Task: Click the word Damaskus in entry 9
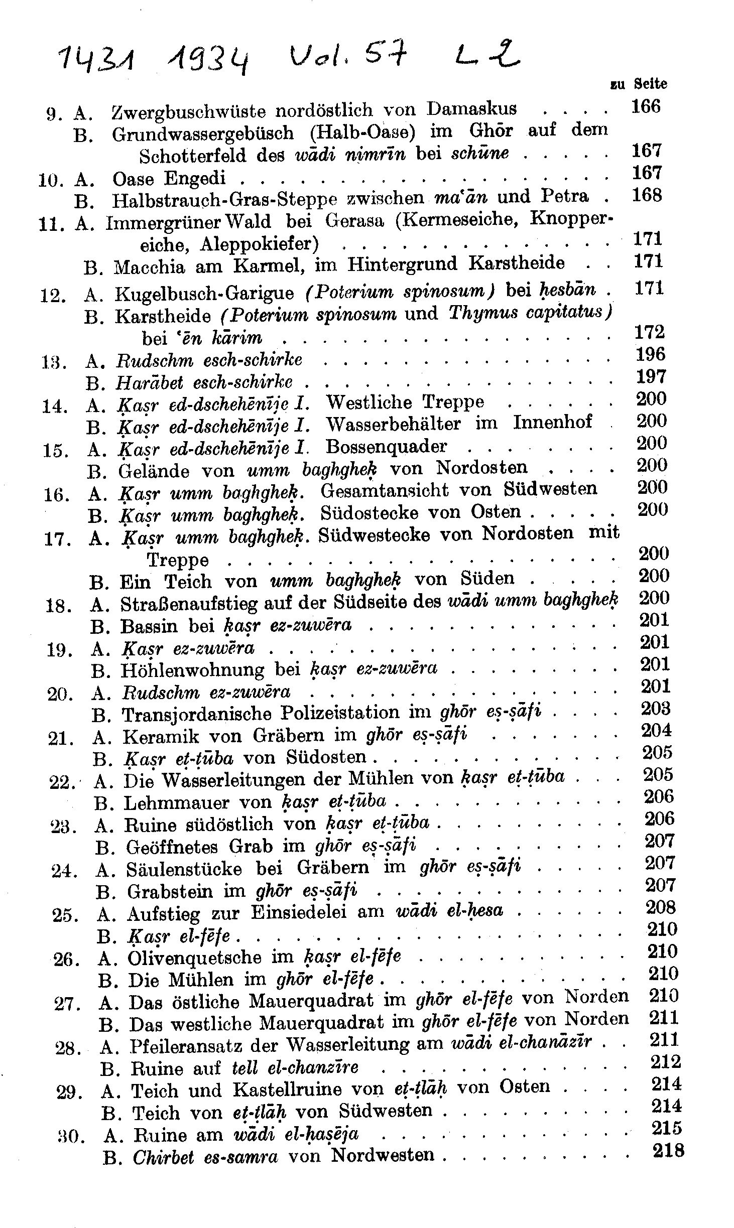point(472,109)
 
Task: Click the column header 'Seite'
point(651,84)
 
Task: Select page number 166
point(646,107)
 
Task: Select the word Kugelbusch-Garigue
point(204,293)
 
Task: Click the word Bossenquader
point(386,446)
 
